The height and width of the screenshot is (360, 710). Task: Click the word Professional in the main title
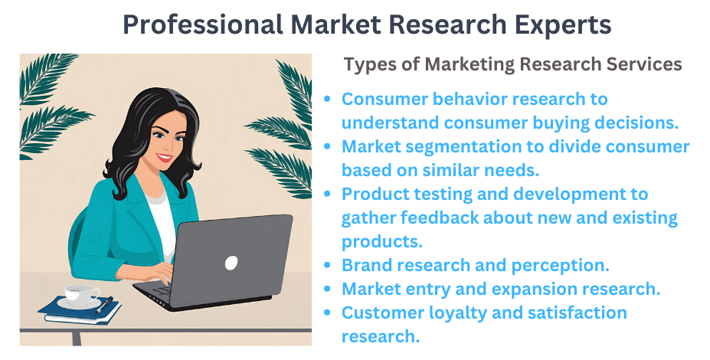point(201,25)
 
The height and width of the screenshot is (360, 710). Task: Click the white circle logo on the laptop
point(231,263)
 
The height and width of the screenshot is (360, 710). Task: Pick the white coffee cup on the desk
point(80,294)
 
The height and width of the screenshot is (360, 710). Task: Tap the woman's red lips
point(164,159)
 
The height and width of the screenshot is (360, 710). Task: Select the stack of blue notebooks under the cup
point(80,309)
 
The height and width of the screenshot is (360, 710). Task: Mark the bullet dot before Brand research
point(329,266)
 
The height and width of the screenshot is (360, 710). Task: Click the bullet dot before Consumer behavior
point(329,100)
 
